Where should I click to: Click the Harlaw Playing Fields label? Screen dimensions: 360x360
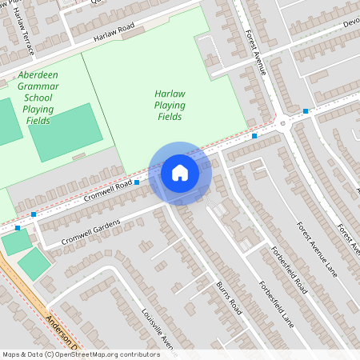pos(170,105)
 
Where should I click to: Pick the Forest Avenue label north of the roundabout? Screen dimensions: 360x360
pos(256,53)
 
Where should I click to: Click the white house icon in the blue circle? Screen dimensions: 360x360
pos(180,172)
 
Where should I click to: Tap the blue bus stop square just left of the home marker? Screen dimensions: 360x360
pos(137,183)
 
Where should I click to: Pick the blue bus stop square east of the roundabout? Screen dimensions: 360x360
pos(306,111)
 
